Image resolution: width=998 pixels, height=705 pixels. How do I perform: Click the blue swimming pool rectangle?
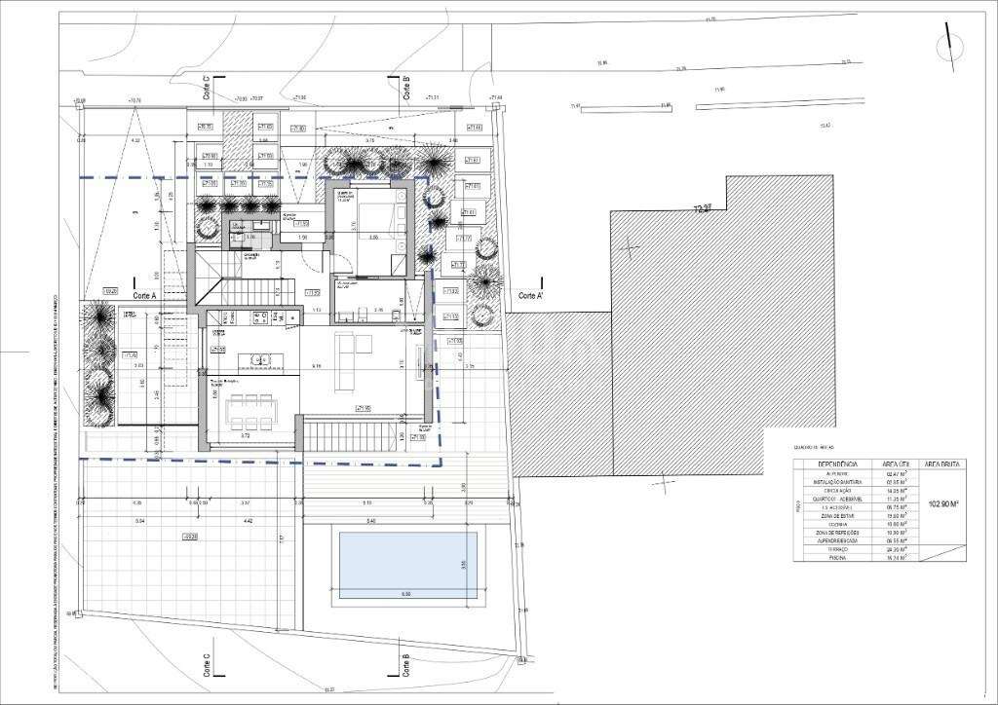pos(406,565)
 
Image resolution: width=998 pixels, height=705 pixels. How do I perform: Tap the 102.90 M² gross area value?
pos(944,505)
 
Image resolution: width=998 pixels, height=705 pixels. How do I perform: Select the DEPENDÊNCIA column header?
pos(837,465)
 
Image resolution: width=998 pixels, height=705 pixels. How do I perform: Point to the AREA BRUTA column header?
pos(943,465)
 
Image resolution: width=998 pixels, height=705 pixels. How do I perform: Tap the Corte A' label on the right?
pos(532,295)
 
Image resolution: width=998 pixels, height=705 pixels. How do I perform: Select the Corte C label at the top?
pos(207,90)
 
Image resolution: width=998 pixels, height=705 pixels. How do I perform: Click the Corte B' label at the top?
pos(404,89)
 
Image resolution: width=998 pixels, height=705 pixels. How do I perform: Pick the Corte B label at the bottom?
pos(404,664)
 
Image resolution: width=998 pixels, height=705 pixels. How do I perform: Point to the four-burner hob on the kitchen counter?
pos(260,316)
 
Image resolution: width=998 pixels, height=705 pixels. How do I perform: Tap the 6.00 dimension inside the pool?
pos(406,593)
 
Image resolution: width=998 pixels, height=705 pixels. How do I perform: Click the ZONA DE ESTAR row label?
pos(837,515)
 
